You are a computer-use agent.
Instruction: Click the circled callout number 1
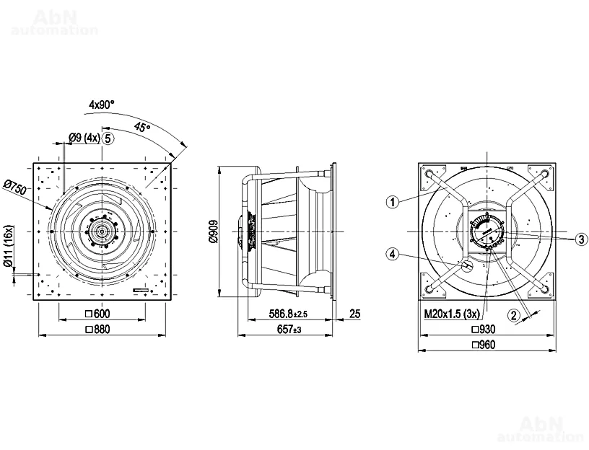393,203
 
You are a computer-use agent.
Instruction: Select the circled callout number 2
514,315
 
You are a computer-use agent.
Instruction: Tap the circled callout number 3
582,239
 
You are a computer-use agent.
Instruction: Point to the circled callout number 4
393,255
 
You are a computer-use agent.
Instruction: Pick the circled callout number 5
108,138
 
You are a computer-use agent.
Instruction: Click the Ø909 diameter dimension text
213,231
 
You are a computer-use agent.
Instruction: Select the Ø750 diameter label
15,187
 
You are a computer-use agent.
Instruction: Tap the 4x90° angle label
102,105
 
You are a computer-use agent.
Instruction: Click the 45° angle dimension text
142,128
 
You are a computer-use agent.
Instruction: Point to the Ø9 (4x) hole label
84,138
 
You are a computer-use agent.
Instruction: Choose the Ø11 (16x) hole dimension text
9,246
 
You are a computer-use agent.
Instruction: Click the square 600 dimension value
97,314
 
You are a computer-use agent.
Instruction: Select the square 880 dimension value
97,330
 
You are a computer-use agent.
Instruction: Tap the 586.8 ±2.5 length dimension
288,314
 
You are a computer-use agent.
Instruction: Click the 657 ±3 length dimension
289,330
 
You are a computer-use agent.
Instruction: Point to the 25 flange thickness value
354,314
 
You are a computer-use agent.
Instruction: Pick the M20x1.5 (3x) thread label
453,314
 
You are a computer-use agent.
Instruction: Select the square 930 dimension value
484,330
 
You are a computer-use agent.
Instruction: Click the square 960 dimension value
484,345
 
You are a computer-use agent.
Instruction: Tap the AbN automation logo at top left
55,23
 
